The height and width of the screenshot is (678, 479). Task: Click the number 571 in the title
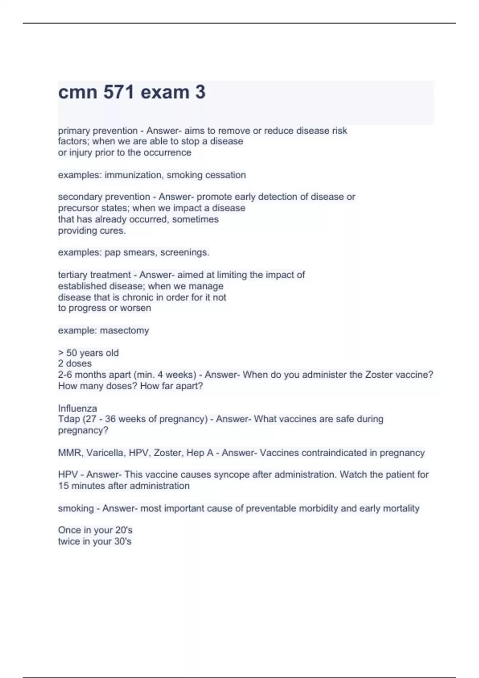[x=119, y=92]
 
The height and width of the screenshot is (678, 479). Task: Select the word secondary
[x=77, y=197]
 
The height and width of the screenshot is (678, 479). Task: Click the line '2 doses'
[x=75, y=363]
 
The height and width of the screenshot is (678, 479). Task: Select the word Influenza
[x=77, y=408]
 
